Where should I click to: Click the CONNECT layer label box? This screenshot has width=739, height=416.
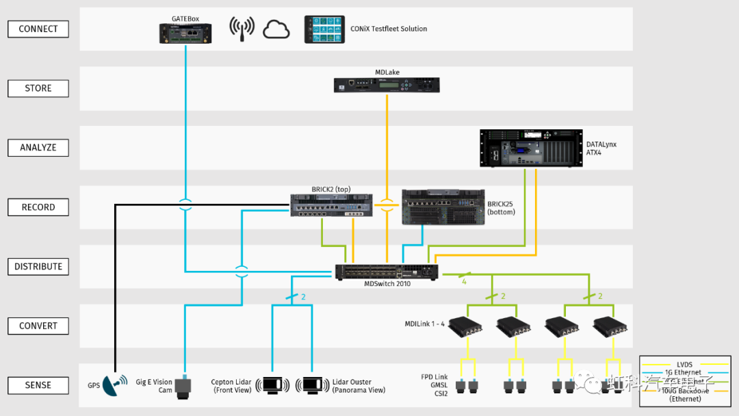tap(38, 29)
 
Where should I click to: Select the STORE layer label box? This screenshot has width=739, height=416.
tap(38, 88)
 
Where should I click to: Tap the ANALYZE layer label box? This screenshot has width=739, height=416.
tap(38, 147)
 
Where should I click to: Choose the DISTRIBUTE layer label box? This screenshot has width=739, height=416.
tap(38, 267)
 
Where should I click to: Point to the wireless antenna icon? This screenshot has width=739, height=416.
tap(242, 29)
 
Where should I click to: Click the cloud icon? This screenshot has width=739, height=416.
tap(276, 29)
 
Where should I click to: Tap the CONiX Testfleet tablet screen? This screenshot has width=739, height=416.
tap(325, 29)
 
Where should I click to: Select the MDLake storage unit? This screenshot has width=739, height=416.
tap(387, 85)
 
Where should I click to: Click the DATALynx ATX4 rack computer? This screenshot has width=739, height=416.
tap(530, 148)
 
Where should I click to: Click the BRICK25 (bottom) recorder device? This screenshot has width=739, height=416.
tap(443, 207)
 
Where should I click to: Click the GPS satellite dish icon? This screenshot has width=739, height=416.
tap(114, 385)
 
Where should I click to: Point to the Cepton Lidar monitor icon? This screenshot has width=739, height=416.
tap(272, 385)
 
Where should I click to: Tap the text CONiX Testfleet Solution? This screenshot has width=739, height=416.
tap(389, 29)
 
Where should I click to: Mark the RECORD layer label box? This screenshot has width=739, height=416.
tap(38, 207)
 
